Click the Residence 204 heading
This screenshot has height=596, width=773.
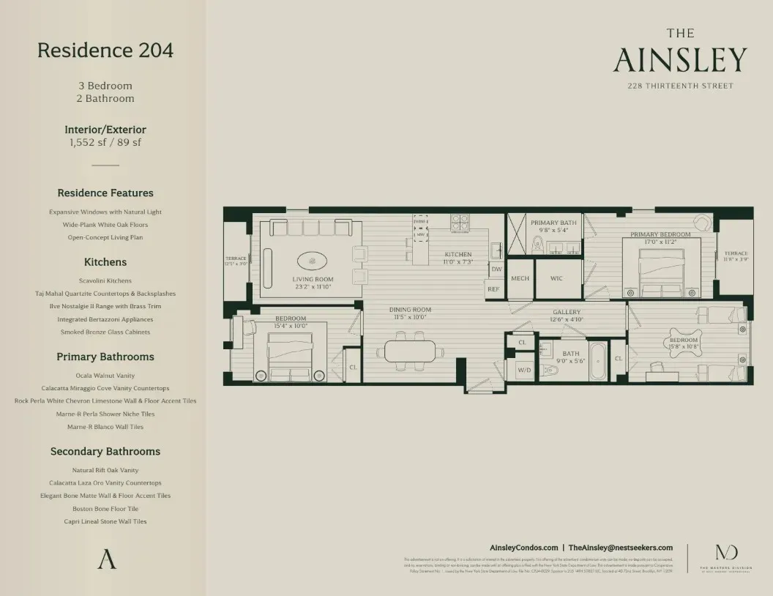pyautogui.click(x=105, y=51)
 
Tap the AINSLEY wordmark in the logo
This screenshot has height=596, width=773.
pyautogui.click(x=680, y=61)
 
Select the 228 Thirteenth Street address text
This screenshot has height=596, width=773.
pyautogui.click(x=680, y=86)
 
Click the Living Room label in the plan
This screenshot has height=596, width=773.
pyautogui.click(x=313, y=279)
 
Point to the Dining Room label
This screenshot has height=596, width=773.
pyautogui.click(x=410, y=310)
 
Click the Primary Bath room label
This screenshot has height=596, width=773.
pyautogui.click(x=555, y=223)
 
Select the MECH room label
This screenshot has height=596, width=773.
pyautogui.click(x=520, y=278)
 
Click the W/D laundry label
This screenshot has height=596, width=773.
pyautogui.click(x=525, y=370)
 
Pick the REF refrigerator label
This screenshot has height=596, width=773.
pyautogui.click(x=493, y=289)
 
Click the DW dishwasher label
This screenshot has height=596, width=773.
pyautogui.click(x=496, y=269)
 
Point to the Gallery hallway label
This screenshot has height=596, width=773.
pyautogui.click(x=567, y=312)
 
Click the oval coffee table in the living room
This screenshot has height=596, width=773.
pyautogui.click(x=313, y=261)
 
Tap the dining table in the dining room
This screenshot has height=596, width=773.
pyautogui.click(x=410, y=351)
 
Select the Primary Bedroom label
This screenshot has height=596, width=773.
pyautogui.click(x=660, y=235)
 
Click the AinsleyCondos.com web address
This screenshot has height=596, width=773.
pyautogui.click(x=523, y=548)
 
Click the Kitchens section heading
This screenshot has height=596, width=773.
pyautogui.click(x=105, y=261)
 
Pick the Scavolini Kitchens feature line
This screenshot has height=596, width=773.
pyautogui.click(x=105, y=280)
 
